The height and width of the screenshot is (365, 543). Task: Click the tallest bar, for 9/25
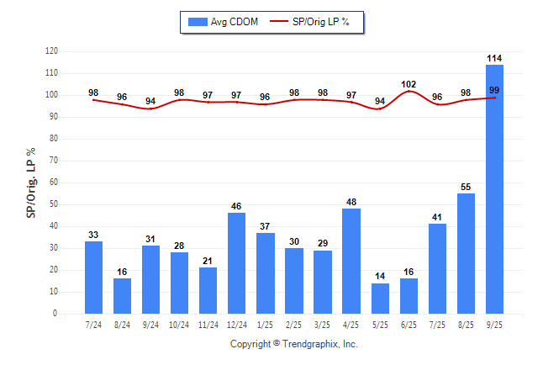coord(494,189)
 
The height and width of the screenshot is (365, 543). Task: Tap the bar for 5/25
coord(380,299)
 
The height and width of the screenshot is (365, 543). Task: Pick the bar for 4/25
coord(351,261)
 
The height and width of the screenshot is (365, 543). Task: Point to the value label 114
coord(494,58)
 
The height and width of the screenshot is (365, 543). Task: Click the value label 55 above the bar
coord(466,187)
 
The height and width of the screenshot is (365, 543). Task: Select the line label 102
coord(409,84)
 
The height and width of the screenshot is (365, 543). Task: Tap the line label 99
coord(494,90)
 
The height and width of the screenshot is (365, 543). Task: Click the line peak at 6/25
coord(409,91)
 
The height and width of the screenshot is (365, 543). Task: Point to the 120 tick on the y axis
coord(51,51)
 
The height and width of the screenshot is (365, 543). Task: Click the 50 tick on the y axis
coord(54,204)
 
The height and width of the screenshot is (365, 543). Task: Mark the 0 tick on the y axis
coord(55,314)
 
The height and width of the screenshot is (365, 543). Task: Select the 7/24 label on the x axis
coord(94,324)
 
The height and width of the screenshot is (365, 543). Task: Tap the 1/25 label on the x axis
coord(266,324)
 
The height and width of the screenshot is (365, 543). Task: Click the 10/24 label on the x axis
coord(180,324)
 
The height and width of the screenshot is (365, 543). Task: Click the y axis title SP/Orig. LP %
coord(31,182)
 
